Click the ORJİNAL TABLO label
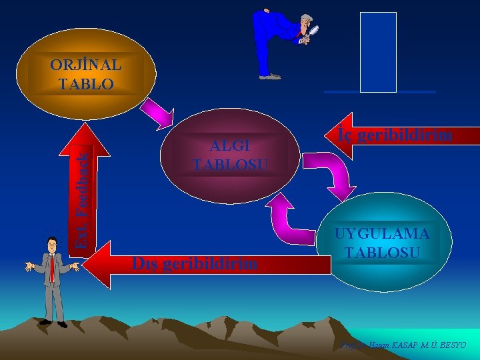pos(85,75)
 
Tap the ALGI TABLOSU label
pos(230,155)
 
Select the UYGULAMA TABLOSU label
pos(382,243)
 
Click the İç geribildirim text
pos(404,135)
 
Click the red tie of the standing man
pos(52,267)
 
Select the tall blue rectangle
pos(378,51)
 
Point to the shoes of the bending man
pos(270,77)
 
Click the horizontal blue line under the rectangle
pos(379,91)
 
